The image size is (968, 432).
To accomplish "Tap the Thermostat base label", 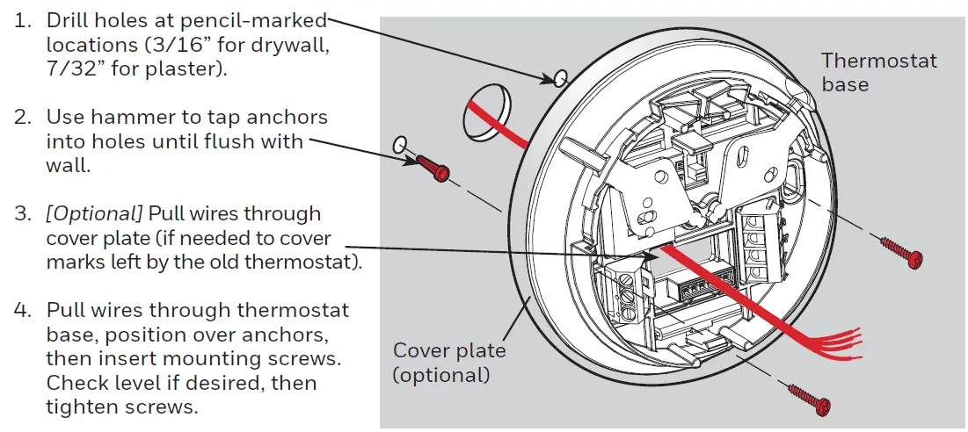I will [877, 72].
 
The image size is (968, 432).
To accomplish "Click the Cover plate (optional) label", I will [449, 363].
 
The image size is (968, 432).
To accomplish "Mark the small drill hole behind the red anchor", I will [400, 143].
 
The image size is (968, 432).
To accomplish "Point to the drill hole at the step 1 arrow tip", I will [558, 80].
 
